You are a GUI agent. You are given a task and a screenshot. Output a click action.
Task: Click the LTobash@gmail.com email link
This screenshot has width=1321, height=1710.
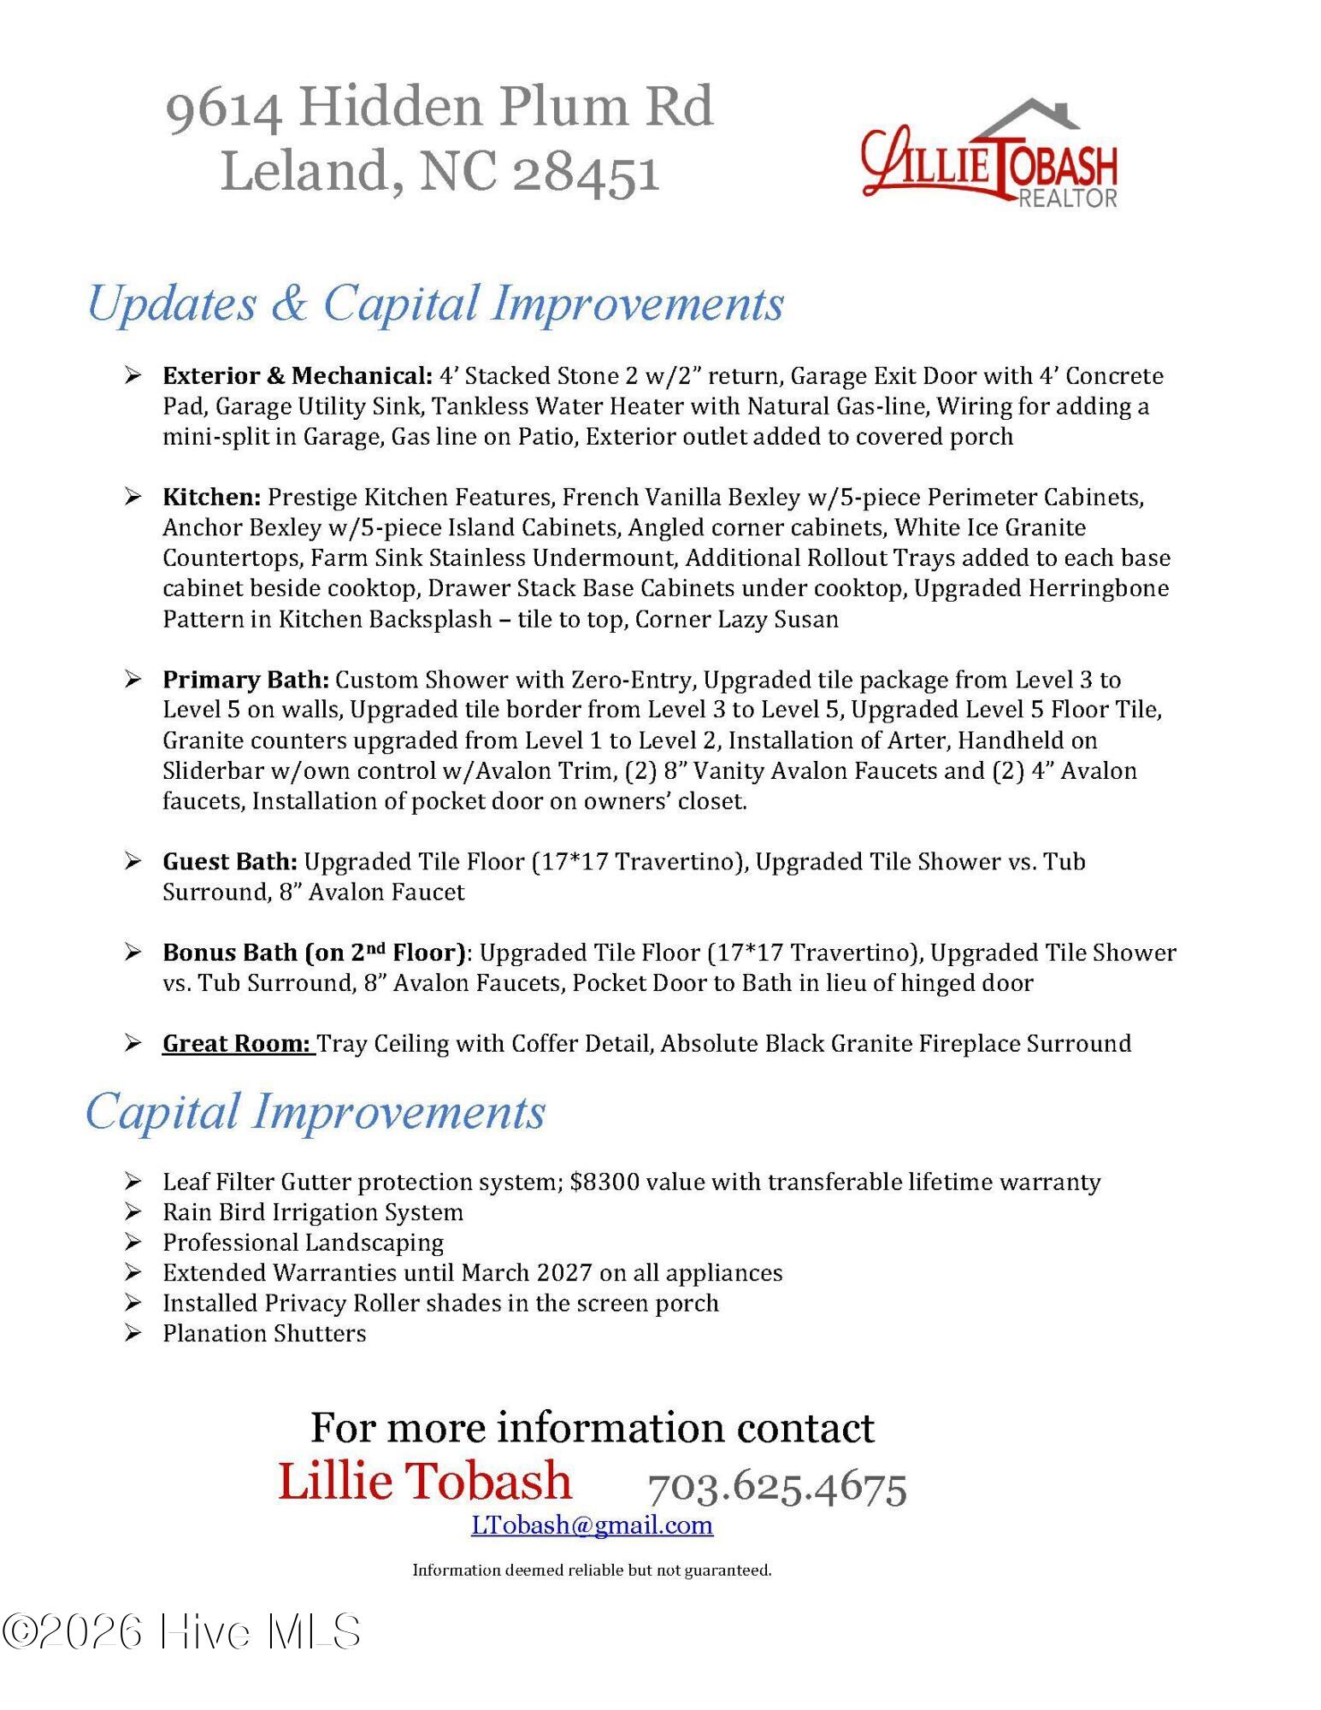tap(592, 1524)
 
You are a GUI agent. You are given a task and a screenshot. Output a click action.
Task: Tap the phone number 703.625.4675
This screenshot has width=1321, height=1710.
tap(776, 1488)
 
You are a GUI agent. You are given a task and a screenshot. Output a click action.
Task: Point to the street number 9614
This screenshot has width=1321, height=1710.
tap(224, 109)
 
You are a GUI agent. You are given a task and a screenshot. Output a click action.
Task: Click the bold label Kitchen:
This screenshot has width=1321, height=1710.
tap(211, 497)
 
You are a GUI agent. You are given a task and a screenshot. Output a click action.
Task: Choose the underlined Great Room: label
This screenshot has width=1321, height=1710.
tap(237, 1043)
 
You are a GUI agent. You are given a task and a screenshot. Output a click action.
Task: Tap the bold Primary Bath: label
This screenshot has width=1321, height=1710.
tap(245, 680)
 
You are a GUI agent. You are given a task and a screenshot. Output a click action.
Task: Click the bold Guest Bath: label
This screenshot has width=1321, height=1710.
tap(230, 862)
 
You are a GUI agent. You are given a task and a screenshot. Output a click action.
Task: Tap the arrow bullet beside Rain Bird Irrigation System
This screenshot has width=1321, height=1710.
tap(132, 1212)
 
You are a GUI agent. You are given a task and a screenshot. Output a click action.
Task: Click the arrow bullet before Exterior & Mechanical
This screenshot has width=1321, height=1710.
tap(132, 375)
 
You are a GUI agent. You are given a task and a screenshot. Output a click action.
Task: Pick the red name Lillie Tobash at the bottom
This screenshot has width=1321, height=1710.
tap(425, 1481)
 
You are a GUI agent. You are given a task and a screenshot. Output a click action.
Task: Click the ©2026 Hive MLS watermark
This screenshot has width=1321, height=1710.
tap(181, 1631)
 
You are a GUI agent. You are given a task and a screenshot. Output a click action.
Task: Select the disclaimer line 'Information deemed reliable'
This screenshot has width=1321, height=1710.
tap(592, 1570)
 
